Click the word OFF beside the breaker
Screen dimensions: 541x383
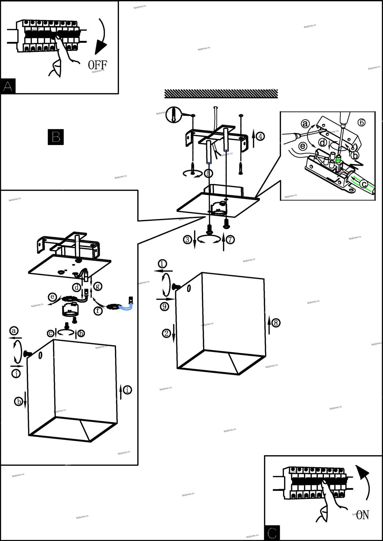tap(97, 65)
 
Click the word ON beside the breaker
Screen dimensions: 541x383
tap(362, 515)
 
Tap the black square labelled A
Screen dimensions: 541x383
tap(8, 86)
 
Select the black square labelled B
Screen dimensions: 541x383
tap(56, 137)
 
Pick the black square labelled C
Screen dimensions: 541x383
tap(272, 533)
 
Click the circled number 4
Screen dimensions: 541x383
tap(260, 136)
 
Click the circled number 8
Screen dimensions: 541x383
tap(276, 323)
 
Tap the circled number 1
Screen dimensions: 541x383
tap(162, 263)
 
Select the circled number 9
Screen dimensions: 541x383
tap(164, 306)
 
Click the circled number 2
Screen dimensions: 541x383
tap(166, 333)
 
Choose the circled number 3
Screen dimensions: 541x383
tap(187, 239)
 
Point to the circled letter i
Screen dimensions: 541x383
tap(127, 390)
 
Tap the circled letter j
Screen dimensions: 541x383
tap(16, 374)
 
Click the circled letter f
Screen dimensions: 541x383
tap(98, 311)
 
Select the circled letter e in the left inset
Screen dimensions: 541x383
tap(52, 297)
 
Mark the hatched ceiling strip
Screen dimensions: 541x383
tap(221, 94)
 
